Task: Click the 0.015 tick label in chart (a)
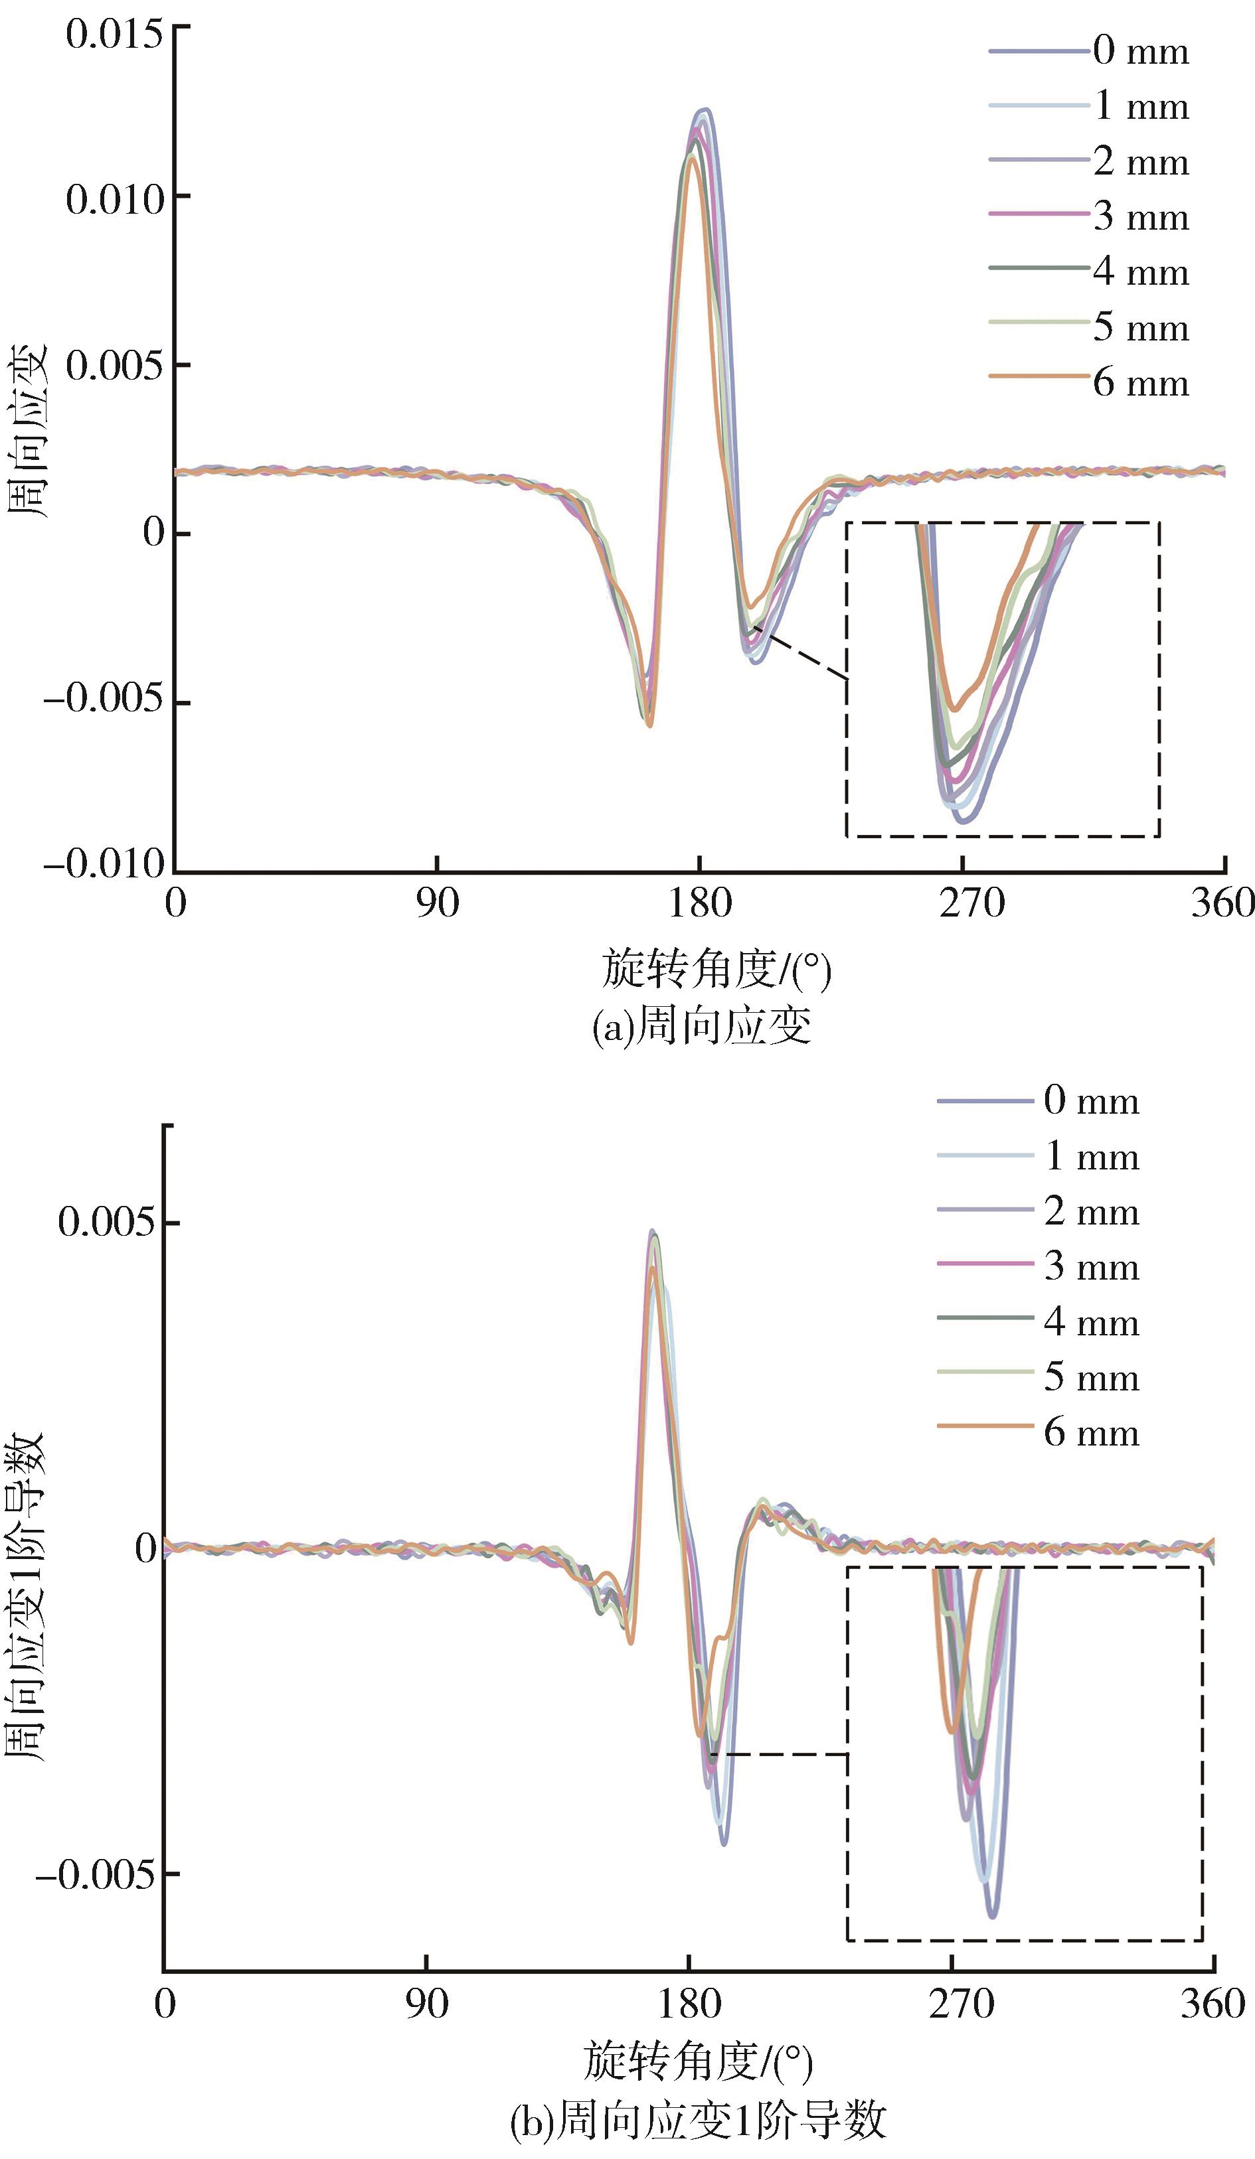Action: (114, 35)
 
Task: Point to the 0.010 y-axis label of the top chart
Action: (114, 200)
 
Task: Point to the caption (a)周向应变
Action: (701, 1025)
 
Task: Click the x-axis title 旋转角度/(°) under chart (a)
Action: (716, 970)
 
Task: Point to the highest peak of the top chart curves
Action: (705, 110)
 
